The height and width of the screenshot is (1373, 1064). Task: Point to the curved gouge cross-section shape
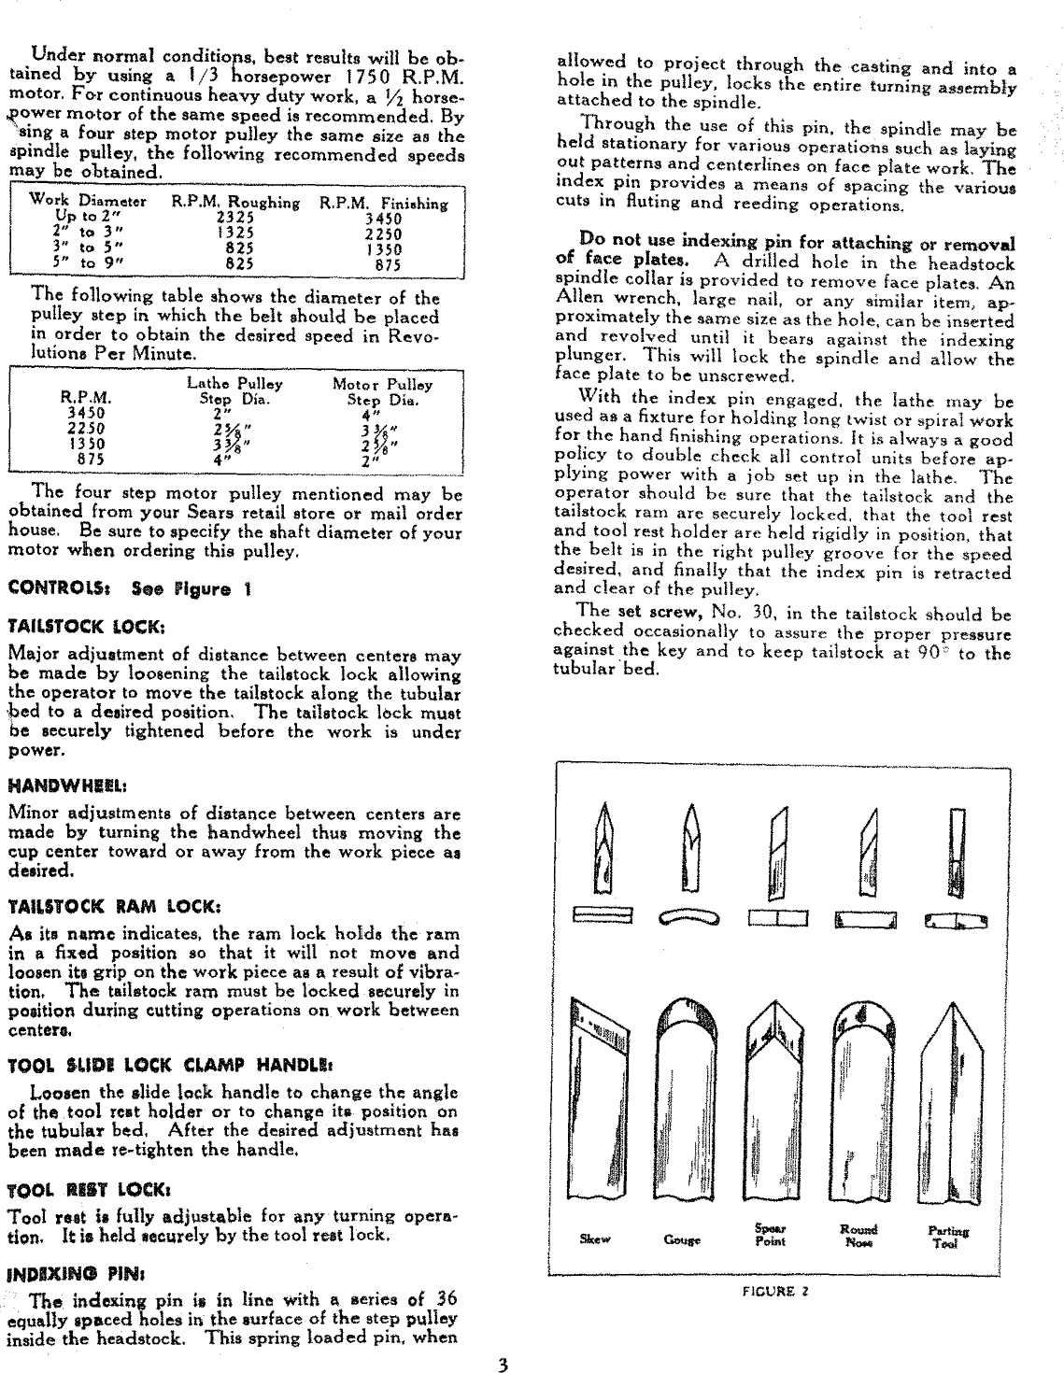point(689,920)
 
